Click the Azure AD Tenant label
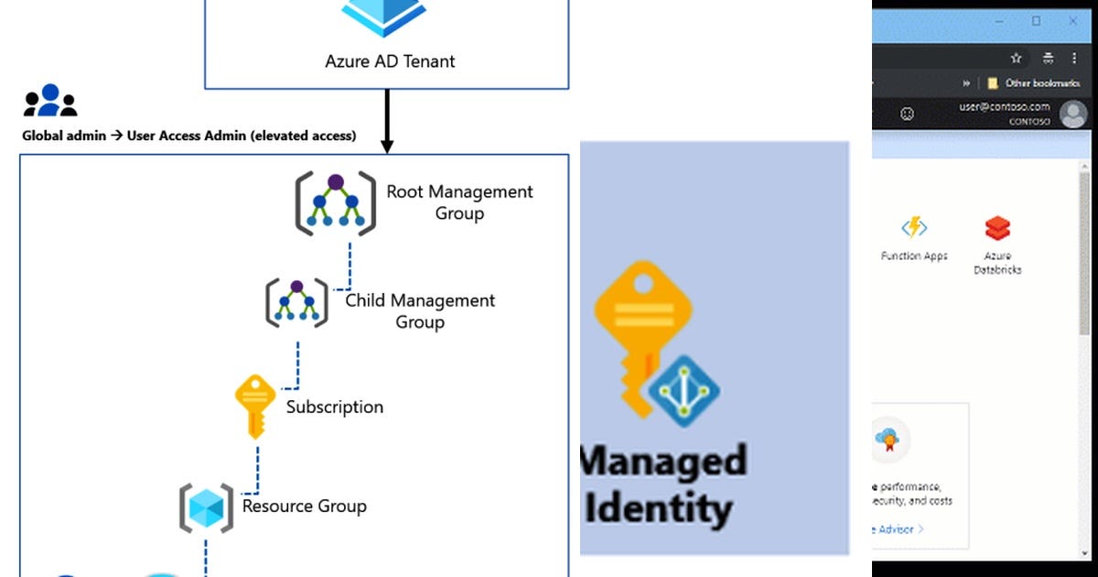click(390, 62)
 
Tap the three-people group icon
click(50, 101)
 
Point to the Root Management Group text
click(459, 202)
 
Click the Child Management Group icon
click(296, 303)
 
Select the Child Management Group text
click(420, 311)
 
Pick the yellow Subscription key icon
click(255, 406)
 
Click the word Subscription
click(334, 407)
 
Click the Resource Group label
click(304, 506)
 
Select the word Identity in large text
click(659, 508)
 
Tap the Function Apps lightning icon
click(914, 227)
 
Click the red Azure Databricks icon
click(997, 227)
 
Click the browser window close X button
click(1073, 20)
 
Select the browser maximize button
click(1037, 20)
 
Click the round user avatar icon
click(1072, 114)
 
